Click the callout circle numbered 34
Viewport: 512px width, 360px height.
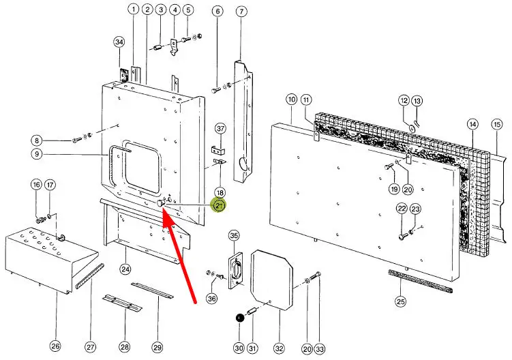(119, 42)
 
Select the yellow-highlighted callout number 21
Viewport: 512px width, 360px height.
(220, 205)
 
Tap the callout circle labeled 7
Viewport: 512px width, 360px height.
(241, 11)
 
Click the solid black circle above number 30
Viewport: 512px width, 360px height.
(239, 317)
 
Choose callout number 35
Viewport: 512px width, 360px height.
(234, 236)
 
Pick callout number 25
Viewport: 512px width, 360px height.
(400, 301)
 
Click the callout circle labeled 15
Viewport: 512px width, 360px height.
(496, 124)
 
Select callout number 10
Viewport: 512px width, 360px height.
(291, 100)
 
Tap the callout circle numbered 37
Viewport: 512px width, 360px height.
(220, 128)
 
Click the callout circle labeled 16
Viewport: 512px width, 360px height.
(36, 185)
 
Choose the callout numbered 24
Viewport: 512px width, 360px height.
(125, 269)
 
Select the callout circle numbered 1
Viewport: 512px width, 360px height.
(133, 10)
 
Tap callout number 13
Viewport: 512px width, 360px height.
(417, 100)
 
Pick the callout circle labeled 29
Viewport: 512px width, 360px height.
(157, 348)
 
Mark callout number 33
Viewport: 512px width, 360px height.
(320, 348)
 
